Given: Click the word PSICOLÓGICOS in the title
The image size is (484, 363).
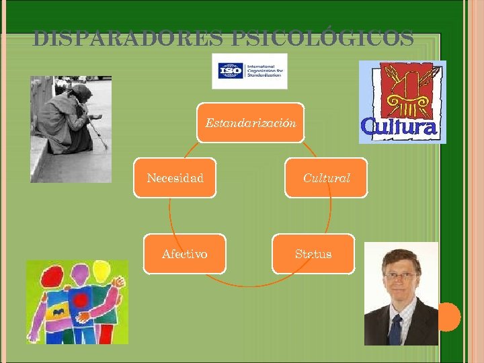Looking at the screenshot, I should (x=322, y=39).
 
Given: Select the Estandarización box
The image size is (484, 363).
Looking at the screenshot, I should (x=250, y=123).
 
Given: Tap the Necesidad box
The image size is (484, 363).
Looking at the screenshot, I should (x=175, y=178).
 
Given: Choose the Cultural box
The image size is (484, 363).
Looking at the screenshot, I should (x=326, y=178).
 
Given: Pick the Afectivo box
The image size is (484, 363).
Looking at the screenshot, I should (x=184, y=253).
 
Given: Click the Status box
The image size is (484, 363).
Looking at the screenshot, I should (x=313, y=253).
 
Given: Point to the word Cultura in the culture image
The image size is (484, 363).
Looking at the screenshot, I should (x=399, y=126).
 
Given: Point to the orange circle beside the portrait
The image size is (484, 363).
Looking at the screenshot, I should (x=448, y=317).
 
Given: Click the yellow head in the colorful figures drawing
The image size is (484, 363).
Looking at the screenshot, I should (x=101, y=270).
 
